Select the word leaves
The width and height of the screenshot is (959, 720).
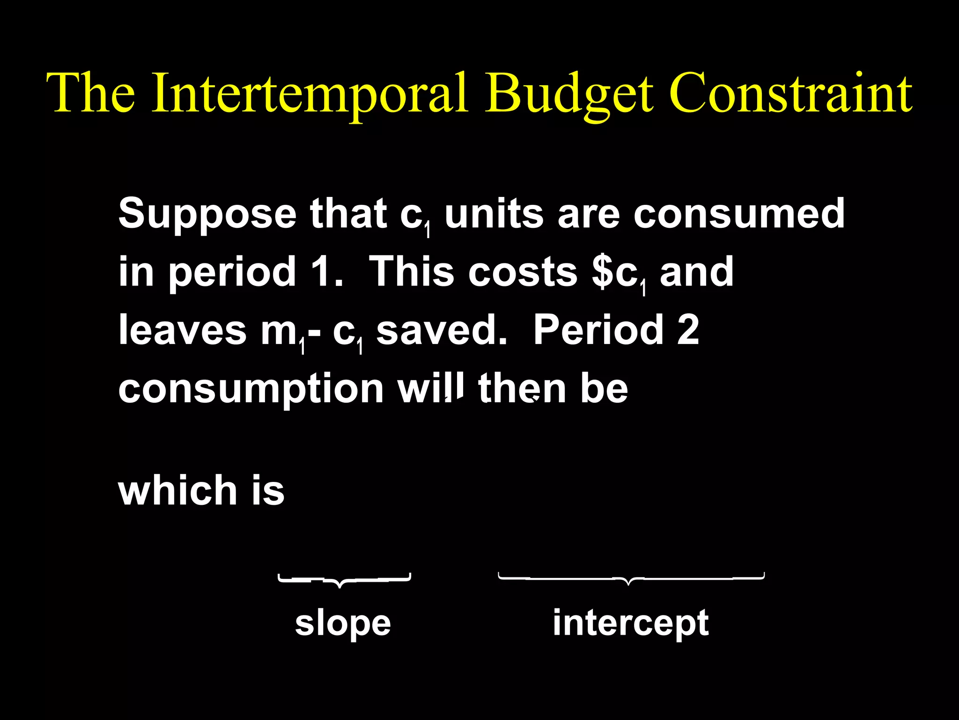click(x=182, y=330)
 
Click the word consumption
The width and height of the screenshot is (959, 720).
click(x=251, y=389)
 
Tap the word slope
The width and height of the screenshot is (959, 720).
click(x=343, y=623)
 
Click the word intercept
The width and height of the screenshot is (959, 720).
click(x=630, y=623)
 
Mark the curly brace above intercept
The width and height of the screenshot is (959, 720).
click(x=631, y=578)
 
